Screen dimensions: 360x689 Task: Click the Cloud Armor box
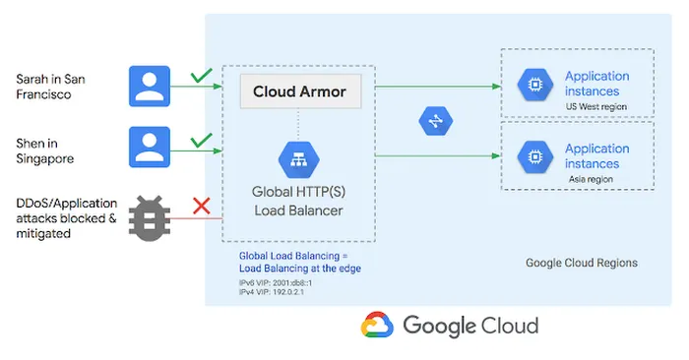(x=301, y=92)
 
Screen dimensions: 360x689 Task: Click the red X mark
(x=202, y=206)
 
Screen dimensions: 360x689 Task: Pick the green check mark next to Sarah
(x=202, y=75)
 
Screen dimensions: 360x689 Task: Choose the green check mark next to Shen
(x=202, y=140)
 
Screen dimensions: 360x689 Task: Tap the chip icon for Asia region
(x=532, y=156)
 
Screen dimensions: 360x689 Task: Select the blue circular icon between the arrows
(x=435, y=121)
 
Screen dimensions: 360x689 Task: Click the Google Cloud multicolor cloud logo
(x=377, y=326)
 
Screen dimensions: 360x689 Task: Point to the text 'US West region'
(x=596, y=106)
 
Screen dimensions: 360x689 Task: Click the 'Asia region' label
(x=592, y=179)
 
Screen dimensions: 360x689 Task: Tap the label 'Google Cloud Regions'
(x=582, y=263)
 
